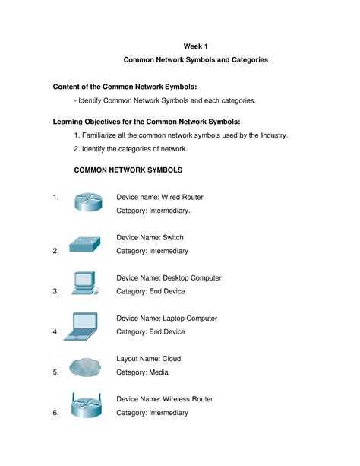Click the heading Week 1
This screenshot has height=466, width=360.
[196, 46]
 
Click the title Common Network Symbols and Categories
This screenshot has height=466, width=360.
[196, 59]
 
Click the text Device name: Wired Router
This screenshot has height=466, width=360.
[159, 197]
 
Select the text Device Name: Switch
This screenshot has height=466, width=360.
[150, 238]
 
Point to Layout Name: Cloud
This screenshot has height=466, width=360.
[148, 359]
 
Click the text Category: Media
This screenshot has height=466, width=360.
[142, 372]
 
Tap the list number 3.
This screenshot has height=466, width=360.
[56, 291]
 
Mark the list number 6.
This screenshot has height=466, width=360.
[56, 413]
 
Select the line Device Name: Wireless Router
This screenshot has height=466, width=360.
[164, 399]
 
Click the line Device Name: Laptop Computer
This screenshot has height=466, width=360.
[166, 319]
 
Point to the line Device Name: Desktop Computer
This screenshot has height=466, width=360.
[169, 278]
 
